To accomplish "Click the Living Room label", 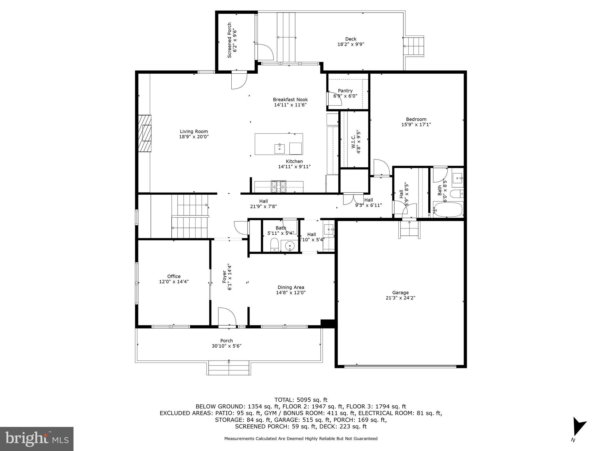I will click(194, 132).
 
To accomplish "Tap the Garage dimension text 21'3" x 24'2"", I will click(400, 298).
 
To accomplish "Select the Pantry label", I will click(345, 91).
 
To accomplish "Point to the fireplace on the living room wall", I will click(145, 133).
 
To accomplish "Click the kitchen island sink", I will click(279, 149).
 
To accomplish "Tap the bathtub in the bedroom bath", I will click(448, 209).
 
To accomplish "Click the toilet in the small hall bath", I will click(274, 245).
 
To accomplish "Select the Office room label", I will click(174, 276).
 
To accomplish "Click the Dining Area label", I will click(291, 287).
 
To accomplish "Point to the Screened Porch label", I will click(230, 40).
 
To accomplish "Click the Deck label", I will click(351, 39).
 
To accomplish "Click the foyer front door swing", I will click(227, 317).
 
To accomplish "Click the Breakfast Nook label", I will click(290, 100).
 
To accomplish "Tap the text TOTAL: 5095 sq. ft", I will click(301, 400).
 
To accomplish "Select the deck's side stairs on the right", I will click(414, 46).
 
